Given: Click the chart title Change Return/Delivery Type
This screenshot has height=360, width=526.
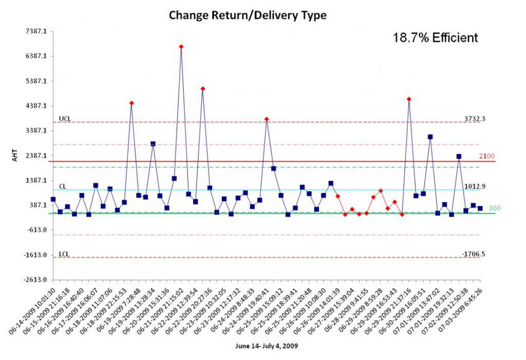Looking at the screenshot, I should point(248,16).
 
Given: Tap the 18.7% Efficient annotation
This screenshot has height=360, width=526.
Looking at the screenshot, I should point(435,37).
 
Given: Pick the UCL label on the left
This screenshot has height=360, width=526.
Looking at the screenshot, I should point(65,119).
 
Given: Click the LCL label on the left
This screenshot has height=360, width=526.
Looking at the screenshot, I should point(64,254).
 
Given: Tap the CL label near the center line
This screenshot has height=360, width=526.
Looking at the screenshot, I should point(62,187).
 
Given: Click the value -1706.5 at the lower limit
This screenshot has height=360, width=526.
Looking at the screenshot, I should point(473,254).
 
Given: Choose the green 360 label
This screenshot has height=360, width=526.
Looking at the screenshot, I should point(494,208).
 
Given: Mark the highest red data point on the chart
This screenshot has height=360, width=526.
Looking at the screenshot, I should point(181,47).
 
